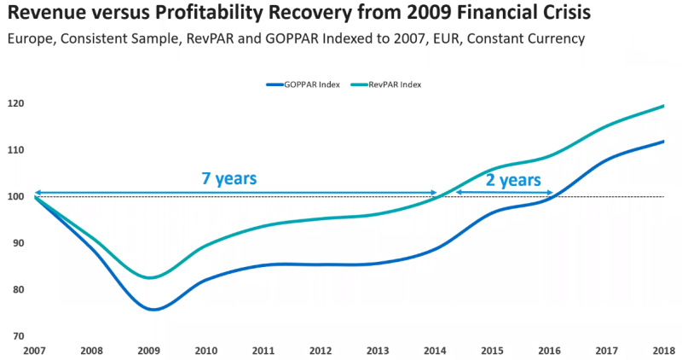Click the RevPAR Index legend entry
click(390, 85)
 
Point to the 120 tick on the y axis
click(18, 104)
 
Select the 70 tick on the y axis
click(18, 336)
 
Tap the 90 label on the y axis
click(18, 243)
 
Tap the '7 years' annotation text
click(228, 179)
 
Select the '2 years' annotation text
click(513, 180)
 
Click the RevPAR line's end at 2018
click(663, 106)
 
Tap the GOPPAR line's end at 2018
click(663, 142)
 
